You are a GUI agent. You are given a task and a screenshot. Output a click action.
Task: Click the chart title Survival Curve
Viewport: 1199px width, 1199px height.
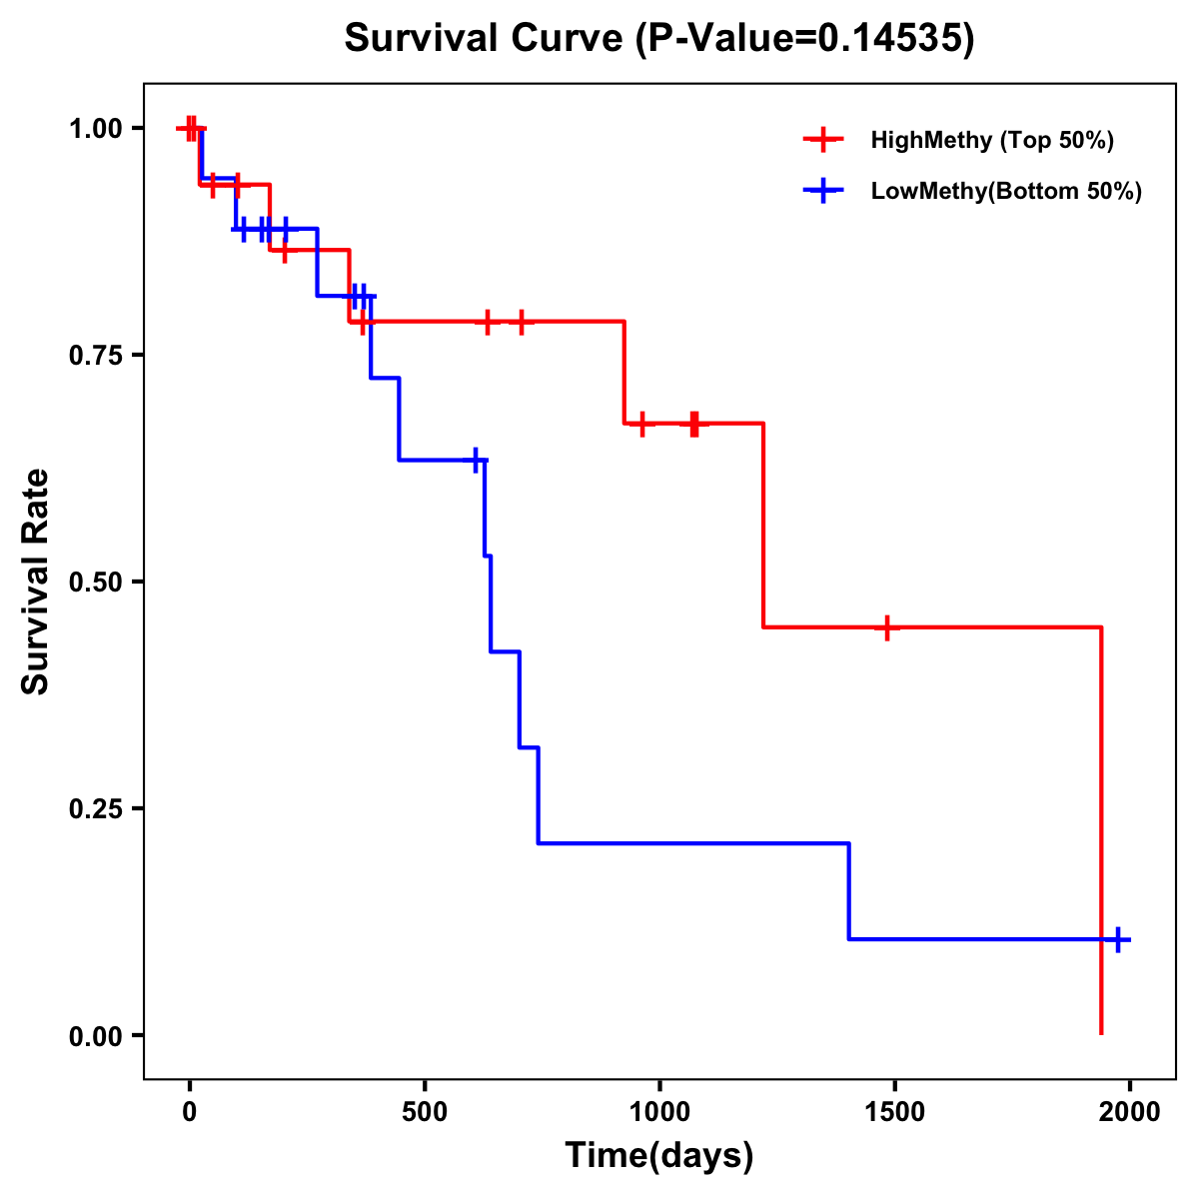658,38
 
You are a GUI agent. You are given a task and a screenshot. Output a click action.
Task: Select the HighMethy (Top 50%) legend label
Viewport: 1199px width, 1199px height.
991,140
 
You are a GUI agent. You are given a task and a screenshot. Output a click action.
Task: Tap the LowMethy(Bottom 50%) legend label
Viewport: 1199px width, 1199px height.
1005,191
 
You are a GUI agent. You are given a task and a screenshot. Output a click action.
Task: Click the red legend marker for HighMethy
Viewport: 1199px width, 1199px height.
823,140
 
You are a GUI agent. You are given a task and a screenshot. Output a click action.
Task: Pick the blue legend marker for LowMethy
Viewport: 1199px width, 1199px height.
823,191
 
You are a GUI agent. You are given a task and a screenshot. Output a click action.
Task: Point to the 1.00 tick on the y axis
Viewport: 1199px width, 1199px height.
96,128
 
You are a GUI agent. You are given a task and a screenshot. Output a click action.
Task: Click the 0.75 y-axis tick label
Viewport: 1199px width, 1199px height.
96,355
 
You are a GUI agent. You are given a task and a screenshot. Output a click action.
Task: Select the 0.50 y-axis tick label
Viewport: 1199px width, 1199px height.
96,582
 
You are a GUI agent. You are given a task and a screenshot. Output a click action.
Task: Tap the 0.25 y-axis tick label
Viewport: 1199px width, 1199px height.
96,808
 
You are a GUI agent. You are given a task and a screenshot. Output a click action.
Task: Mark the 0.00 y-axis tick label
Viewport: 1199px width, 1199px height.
96,1035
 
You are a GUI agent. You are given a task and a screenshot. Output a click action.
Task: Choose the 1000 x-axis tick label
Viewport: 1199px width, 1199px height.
659,1113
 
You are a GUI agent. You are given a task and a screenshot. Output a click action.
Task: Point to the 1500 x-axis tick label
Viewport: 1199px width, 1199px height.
894,1113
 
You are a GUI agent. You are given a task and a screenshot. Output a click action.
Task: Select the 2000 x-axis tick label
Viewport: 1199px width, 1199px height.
1129,1113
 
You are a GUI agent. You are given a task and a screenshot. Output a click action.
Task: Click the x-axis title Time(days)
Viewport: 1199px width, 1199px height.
659,1156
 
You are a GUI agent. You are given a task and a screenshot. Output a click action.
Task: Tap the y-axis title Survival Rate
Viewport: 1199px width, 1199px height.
36,582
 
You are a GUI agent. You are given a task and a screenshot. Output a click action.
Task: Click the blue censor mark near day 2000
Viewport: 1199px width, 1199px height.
1118,939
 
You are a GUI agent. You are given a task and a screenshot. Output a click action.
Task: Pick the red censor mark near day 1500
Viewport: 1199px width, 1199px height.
886,627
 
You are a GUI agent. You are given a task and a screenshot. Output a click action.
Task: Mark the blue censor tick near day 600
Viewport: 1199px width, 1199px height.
476,460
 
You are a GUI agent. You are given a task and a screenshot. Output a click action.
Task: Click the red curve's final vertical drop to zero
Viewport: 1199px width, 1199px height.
1101,829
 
